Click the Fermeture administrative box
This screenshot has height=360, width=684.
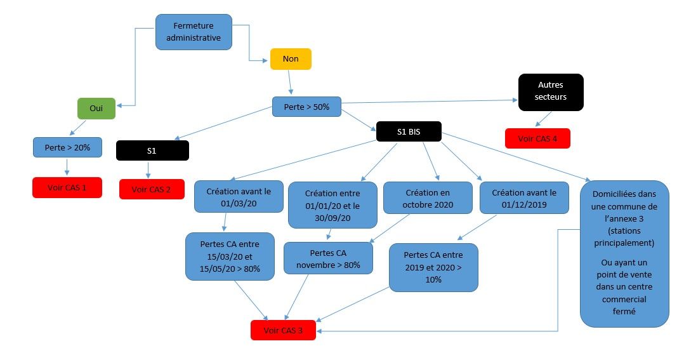coord(193,32)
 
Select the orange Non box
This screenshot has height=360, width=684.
coord(291,59)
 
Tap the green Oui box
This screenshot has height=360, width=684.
coord(96,109)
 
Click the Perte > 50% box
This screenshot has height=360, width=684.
coord(306,107)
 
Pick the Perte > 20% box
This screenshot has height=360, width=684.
coord(67,147)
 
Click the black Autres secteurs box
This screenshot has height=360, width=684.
coord(550,91)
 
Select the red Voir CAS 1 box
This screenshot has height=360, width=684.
coord(67,188)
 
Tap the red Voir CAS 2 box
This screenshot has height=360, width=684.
coord(152,189)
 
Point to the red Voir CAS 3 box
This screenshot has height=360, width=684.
coord(283,330)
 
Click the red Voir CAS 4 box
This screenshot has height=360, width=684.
coord(537,138)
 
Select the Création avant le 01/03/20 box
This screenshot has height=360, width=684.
coord(239,196)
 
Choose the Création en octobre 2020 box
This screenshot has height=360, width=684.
coord(428,197)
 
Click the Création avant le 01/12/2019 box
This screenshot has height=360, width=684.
coord(524,197)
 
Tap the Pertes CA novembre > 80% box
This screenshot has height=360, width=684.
coord(327,258)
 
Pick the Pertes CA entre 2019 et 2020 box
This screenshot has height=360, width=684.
coord(433,267)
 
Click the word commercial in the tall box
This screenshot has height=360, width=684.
coord(624,299)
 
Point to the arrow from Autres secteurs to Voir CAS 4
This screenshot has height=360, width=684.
coord(543,119)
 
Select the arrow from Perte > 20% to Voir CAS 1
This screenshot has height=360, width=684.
coord(67,167)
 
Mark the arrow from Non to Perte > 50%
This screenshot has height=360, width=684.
coord(291,83)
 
